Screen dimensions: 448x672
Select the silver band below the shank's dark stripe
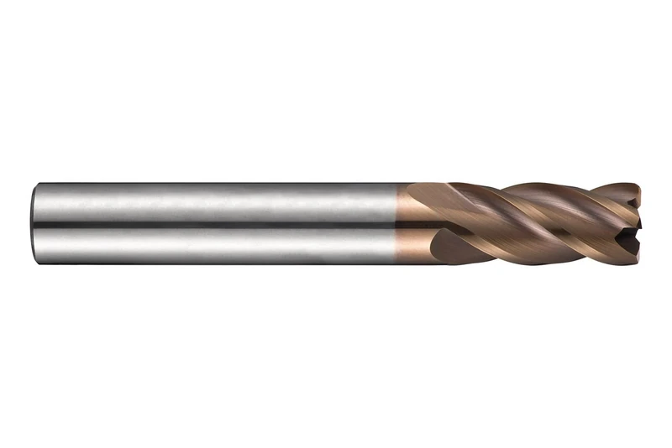pyautogui.click(x=210, y=245)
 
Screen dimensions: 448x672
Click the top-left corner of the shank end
pyautogui.click(x=37, y=185)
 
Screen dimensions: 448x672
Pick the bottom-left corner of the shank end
pyautogui.click(x=37, y=263)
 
